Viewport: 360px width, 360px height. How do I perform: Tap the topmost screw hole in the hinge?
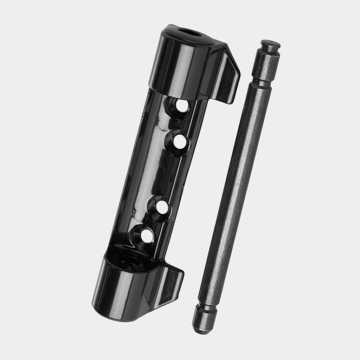point(182,107)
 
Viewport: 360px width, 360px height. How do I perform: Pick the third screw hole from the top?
point(160,207)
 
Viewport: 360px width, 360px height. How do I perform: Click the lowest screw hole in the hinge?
point(146,235)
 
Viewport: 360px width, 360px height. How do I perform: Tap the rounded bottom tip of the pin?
point(203,325)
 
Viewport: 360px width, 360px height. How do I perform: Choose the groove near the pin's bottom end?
point(207,306)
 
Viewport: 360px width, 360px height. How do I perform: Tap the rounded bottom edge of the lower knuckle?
point(116,314)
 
